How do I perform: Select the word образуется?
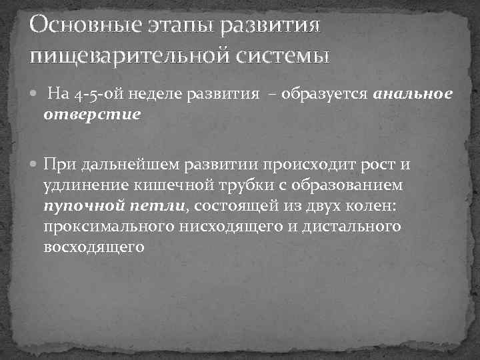click(x=323, y=95)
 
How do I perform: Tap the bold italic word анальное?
click(x=413, y=95)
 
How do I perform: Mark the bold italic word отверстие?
click(x=92, y=115)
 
